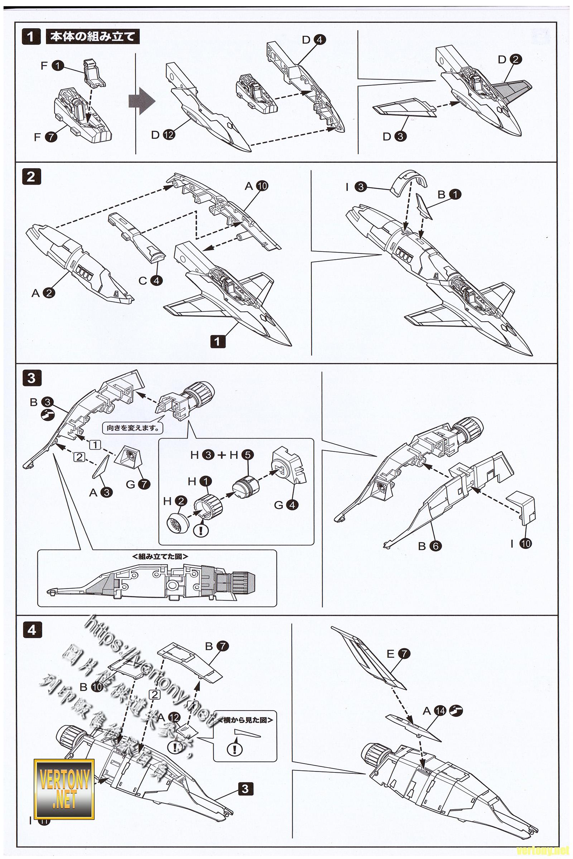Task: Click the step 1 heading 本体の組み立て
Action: pyautogui.click(x=92, y=37)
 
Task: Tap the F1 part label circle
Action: pyautogui.click(x=58, y=66)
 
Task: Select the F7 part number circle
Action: pyautogui.click(x=51, y=137)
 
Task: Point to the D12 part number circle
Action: pyautogui.click(x=169, y=135)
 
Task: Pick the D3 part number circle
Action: pyautogui.click(x=400, y=137)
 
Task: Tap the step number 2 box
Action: pyautogui.click(x=31, y=177)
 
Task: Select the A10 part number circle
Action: pyautogui.click(x=262, y=186)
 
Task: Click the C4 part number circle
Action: pyautogui.click(x=156, y=281)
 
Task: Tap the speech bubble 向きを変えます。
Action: pyautogui.click(x=133, y=428)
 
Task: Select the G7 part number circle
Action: pyautogui.click(x=144, y=484)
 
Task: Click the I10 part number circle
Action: pyautogui.click(x=526, y=543)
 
